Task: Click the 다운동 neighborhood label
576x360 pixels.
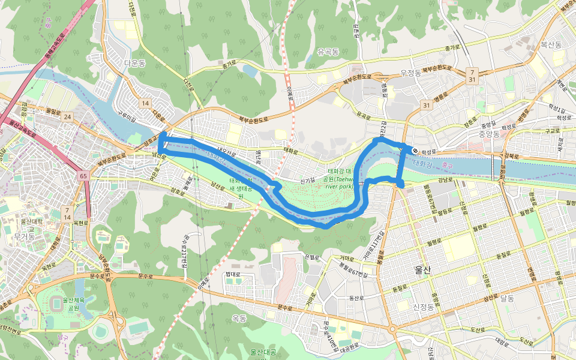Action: tap(135, 62)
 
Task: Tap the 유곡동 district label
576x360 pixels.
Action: tap(328, 52)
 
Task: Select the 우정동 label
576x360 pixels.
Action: tap(411, 73)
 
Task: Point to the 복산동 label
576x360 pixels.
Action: tap(551, 44)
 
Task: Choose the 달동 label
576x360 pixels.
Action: tap(507, 298)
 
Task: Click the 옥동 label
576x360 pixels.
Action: tap(239, 319)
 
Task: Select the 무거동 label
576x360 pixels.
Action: tap(25, 238)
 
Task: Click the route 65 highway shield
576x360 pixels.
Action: tap(83, 176)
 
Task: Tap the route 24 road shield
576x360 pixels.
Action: tap(67, 116)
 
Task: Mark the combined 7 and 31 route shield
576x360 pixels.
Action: tap(473, 76)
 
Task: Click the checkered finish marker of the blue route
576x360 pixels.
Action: tap(415, 150)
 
